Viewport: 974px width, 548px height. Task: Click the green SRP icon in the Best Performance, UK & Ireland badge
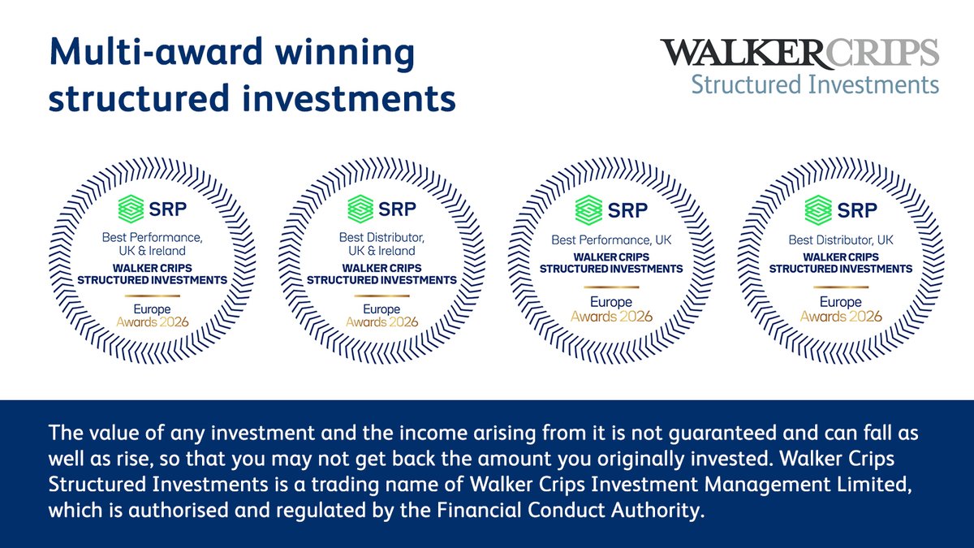[x=130, y=209]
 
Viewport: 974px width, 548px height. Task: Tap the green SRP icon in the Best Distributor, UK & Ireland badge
[x=361, y=209]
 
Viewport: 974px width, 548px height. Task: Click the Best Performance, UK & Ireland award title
[x=153, y=244]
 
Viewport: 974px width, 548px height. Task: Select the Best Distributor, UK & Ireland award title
[x=381, y=244]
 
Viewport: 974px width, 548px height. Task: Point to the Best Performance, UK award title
[x=611, y=240]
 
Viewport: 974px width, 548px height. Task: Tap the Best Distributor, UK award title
[x=841, y=240]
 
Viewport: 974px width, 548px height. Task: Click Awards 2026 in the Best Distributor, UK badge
[x=841, y=317]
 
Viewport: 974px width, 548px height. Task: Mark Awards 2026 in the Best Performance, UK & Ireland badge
[x=153, y=322]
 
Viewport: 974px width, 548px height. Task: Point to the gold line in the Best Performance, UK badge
[x=611, y=287]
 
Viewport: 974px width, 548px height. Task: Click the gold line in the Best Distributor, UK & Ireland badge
[x=381, y=295]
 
